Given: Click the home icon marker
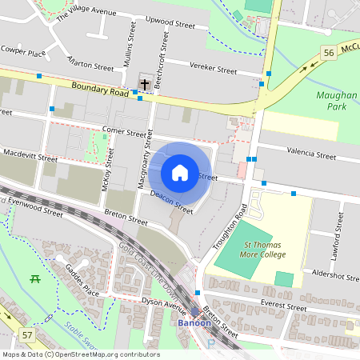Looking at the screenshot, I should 180,172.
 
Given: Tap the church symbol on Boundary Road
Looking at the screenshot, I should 145,84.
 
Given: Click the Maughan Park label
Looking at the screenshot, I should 336,99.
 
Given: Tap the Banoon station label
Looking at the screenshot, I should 194,323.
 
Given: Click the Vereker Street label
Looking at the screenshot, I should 213,69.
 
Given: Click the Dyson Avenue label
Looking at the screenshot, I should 163,303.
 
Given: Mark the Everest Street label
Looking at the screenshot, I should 284,306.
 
